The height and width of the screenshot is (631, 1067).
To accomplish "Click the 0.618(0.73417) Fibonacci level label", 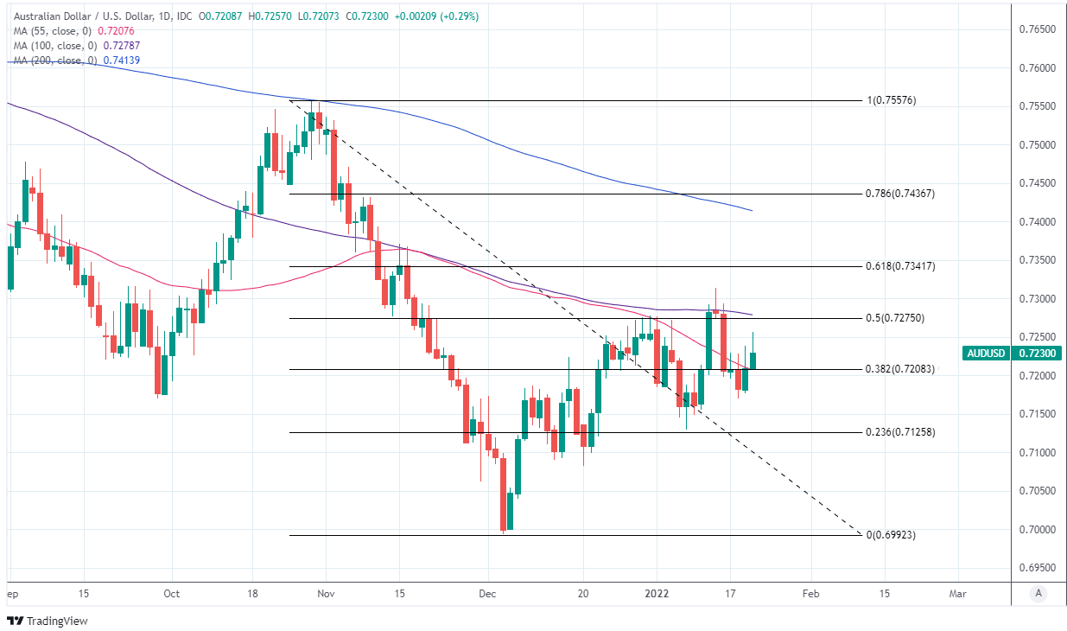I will (899, 266).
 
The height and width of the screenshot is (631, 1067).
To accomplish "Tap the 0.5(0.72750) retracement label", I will (894, 318).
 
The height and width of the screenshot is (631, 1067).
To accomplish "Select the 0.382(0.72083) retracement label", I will (899, 369).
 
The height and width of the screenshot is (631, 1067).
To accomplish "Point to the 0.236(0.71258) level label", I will (899, 432).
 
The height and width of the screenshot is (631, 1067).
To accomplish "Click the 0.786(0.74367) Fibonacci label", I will (899, 194).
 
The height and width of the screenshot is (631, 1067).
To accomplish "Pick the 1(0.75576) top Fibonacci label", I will (891, 100).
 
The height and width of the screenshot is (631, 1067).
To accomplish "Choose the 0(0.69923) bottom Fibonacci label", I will (891, 535).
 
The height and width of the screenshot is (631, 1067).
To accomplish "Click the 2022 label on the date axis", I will (657, 594).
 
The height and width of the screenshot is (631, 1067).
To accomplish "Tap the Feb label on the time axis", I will (810, 594).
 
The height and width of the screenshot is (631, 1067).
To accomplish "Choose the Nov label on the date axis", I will (326, 594).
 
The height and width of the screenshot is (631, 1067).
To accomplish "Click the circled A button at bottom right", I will (1038, 594).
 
